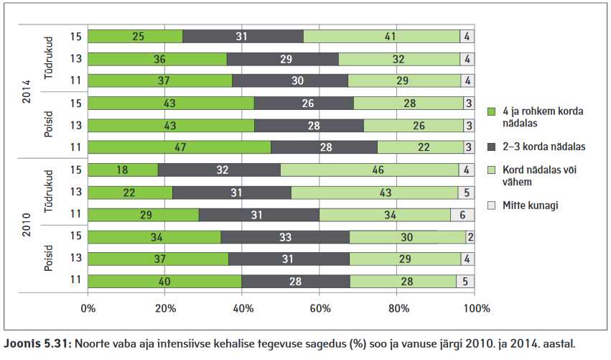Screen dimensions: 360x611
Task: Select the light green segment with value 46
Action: click(370, 170)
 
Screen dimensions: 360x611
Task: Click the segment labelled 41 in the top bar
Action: click(381, 36)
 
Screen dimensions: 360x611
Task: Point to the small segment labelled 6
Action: click(462, 215)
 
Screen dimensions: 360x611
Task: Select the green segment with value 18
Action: click(123, 170)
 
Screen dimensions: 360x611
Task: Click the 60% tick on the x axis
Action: click(320, 308)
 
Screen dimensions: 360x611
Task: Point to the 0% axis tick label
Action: click(88, 308)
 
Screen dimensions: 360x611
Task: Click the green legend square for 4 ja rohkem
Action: click(492, 111)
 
